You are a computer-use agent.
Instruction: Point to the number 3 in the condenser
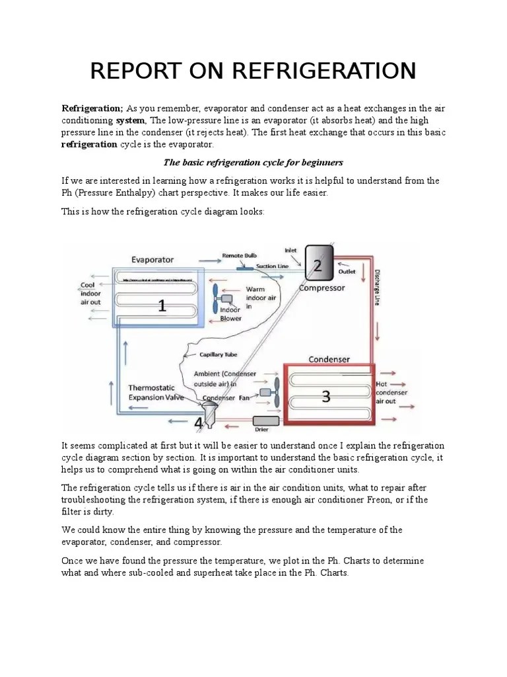click(x=325, y=396)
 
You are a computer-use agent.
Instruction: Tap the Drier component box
click(x=265, y=420)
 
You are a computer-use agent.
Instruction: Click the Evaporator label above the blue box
click(x=152, y=259)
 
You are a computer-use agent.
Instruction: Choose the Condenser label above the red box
click(x=329, y=359)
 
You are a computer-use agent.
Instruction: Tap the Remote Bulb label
click(x=239, y=255)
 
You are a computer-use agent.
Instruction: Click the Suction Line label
click(x=271, y=265)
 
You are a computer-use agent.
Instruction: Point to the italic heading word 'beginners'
click(x=320, y=162)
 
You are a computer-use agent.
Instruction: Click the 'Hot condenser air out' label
click(x=392, y=392)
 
